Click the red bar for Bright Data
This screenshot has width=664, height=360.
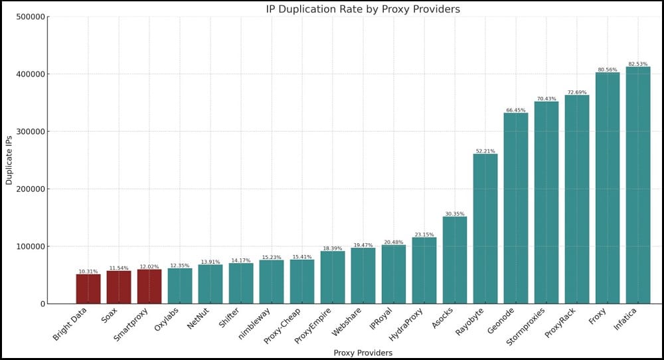coord(88,289)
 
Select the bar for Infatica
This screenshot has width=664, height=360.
coord(637,185)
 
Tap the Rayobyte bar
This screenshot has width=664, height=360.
coord(485,228)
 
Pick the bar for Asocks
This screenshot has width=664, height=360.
coord(455,260)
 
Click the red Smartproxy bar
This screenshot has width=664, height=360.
coord(149,286)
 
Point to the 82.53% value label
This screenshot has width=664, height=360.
coord(637,64)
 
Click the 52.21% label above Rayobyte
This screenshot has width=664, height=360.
coord(485,151)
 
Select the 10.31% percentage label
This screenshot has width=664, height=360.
coord(88,272)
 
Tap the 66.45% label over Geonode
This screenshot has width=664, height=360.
coord(516,110)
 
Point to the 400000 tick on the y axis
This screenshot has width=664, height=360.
coord(31,74)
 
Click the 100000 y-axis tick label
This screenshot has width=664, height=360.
coord(31,246)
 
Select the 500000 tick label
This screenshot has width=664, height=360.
coord(31,17)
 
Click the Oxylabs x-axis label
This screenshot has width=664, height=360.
coord(167,319)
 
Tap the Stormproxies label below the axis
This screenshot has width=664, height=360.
coord(525,327)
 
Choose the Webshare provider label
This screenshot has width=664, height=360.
coord(347,322)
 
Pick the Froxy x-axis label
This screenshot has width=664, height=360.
coord(598,316)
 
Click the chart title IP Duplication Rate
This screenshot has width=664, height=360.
coord(363,9)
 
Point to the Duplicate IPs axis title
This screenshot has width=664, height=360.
coord(9,160)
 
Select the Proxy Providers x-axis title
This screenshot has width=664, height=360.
coord(363,353)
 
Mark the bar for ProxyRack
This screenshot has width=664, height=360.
coord(577,199)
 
